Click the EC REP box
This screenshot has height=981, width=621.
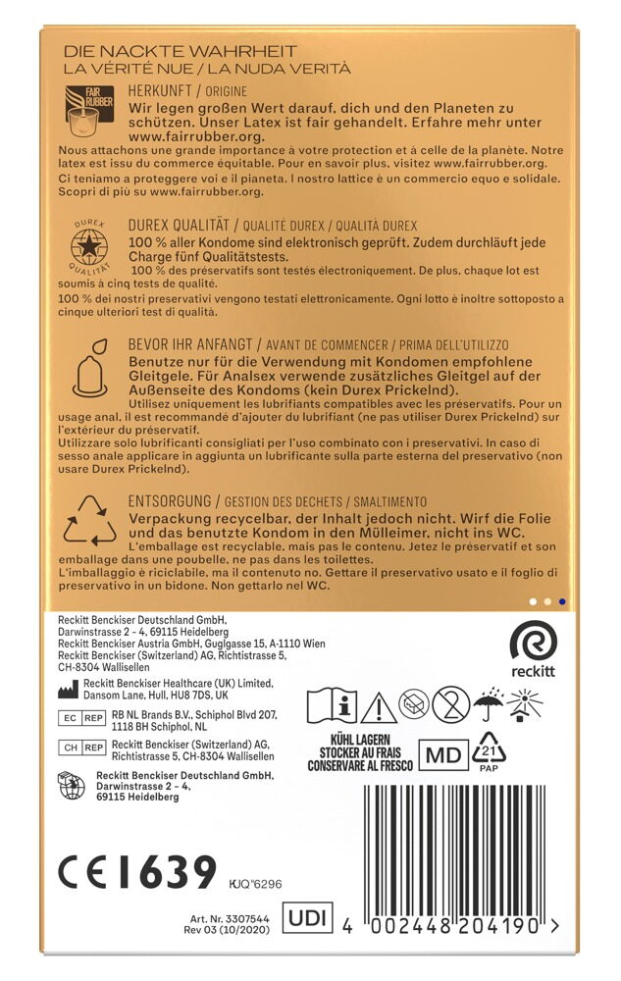[82, 719]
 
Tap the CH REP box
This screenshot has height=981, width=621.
[82, 748]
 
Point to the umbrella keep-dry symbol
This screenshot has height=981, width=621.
[488, 703]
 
